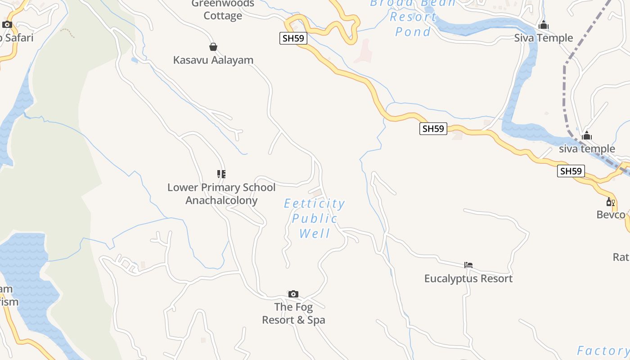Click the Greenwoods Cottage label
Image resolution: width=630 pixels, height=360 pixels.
coord(223,10)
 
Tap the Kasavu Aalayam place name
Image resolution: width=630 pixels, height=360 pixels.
coord(213,60)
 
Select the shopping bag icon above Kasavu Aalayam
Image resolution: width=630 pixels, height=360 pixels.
coord(213,47)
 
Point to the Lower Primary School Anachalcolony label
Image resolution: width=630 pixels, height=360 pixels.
coord(221,194)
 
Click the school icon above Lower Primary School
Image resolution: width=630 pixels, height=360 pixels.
coord(221,174)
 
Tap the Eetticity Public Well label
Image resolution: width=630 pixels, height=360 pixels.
coord(315,218)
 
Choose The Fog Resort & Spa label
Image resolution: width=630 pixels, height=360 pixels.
coord(293,314)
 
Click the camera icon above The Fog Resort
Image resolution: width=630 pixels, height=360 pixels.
coord(293,294)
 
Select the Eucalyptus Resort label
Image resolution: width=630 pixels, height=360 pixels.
coord(468,279)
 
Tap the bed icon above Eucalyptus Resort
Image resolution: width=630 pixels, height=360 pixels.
coord(468,265)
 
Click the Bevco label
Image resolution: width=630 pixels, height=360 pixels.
coord(611,215)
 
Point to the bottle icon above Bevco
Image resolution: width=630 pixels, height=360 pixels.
coord(611,202)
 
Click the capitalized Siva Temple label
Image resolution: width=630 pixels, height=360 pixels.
coord(544,38)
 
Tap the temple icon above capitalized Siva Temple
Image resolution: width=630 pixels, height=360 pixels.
coord(544,25)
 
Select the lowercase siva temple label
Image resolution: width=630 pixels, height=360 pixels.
coord(587,148)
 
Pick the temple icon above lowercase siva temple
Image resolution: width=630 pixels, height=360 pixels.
coord(587,135)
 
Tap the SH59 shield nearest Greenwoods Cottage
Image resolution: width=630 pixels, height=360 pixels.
coord(293,38)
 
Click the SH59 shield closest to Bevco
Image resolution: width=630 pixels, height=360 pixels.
coord(571,171)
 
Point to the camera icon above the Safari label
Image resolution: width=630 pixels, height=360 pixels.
coord(7,24)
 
